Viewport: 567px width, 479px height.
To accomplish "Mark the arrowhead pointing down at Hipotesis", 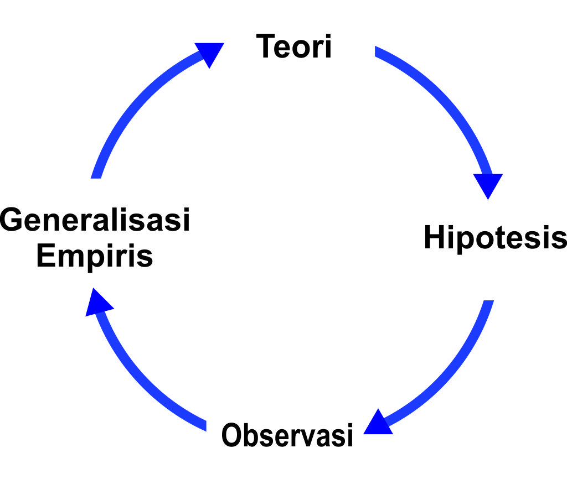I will [488, 185].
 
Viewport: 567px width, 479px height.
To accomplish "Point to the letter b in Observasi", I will [252, 435].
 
